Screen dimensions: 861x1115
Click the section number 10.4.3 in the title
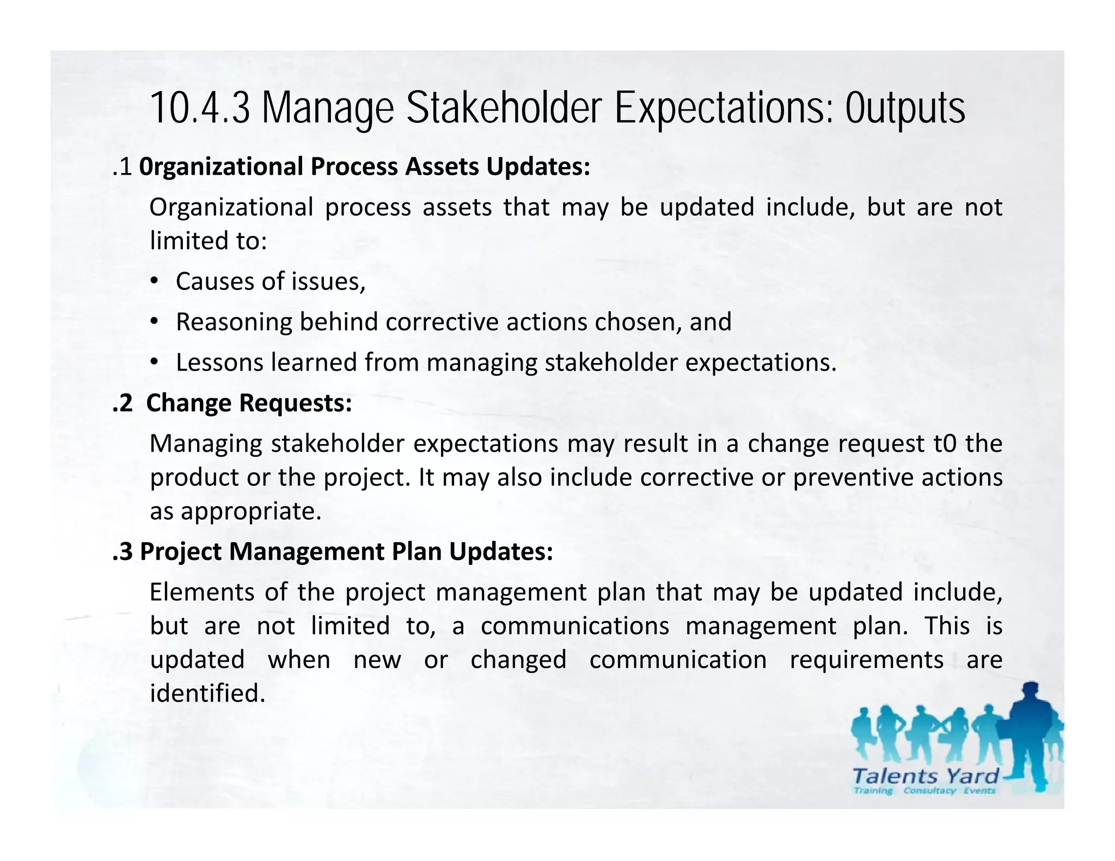tap(199, 109)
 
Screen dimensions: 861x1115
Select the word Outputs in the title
tap(905, 109)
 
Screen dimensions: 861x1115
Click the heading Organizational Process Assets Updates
tap(364, 167)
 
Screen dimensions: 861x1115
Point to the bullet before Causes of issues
tap(155, 281)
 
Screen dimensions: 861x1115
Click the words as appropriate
tap(235, 512)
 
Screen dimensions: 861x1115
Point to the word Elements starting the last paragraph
tap(201, 592)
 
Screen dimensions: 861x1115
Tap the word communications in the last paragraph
tap(574, 626)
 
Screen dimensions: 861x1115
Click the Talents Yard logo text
tap(925, 776)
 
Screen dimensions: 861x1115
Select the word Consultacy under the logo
tap(929, 790)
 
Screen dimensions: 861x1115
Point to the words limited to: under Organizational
tap(209, 241)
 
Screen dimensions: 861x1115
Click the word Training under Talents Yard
tap(873, 790)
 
